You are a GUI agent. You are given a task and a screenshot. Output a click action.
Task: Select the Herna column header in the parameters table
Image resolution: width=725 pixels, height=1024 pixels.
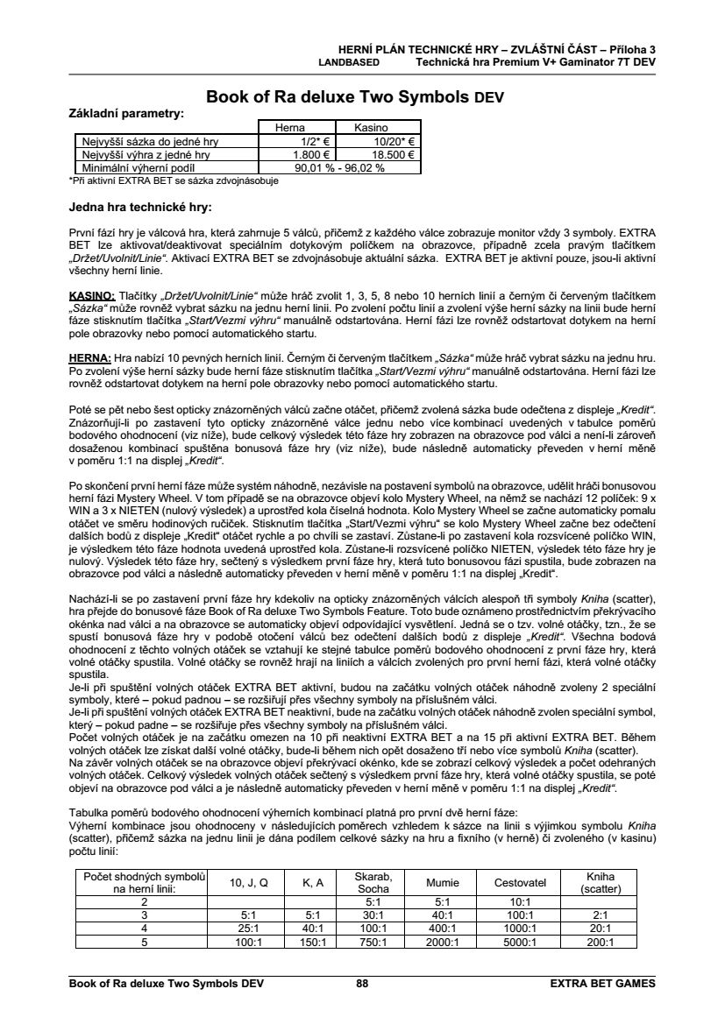[x=290, y=128]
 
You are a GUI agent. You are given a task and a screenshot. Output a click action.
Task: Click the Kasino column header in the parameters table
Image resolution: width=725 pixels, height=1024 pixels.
[x=371, y=128]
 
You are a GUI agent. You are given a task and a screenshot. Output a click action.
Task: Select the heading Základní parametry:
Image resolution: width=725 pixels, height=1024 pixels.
[x=126, y=114]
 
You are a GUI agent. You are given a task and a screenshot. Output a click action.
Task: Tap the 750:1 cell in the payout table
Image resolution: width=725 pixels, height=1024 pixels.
[x=372, y=942]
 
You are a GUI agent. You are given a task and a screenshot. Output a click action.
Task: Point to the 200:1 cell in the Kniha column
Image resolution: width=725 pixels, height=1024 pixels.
[x=601, y=942]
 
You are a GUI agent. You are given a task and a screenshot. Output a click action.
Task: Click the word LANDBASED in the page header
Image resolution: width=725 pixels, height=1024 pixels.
[x=348, y=63]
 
